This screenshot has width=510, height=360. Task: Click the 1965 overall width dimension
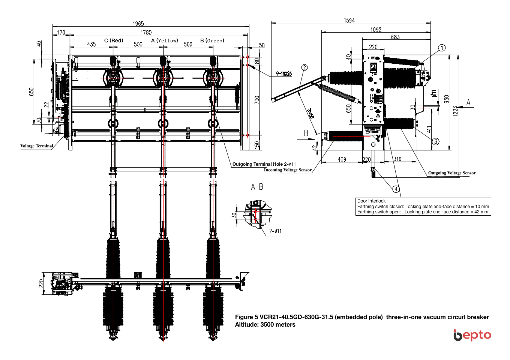coord(138,24)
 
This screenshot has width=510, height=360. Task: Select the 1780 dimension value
coord(146,33)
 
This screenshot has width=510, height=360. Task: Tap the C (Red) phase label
coord(114,40)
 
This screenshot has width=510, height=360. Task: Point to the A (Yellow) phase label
coord(165,40)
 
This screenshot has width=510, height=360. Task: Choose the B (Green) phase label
coord(212,40)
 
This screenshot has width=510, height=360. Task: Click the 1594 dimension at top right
coord(349,20)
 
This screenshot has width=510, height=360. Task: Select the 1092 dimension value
coord(376,30)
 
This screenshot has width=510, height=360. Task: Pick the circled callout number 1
coord(442,48)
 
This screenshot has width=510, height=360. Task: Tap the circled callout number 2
coord(304,67)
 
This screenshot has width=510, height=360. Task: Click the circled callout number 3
coord(435,141)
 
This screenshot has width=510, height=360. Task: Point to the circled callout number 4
coord(396,189)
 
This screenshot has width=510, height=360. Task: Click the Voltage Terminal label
coord(37,146)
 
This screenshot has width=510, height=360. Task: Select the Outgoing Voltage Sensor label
coord(451,173)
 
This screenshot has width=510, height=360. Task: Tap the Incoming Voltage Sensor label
coord(288,170)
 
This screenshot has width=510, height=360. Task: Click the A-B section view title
coord(257,187)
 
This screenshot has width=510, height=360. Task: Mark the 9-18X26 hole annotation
coord(284,73)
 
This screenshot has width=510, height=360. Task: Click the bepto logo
coord(472,335)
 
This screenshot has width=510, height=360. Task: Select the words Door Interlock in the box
coord(371,201)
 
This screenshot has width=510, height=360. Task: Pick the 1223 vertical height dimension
coord(455,111)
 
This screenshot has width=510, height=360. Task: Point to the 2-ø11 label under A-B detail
coord(275,231)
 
